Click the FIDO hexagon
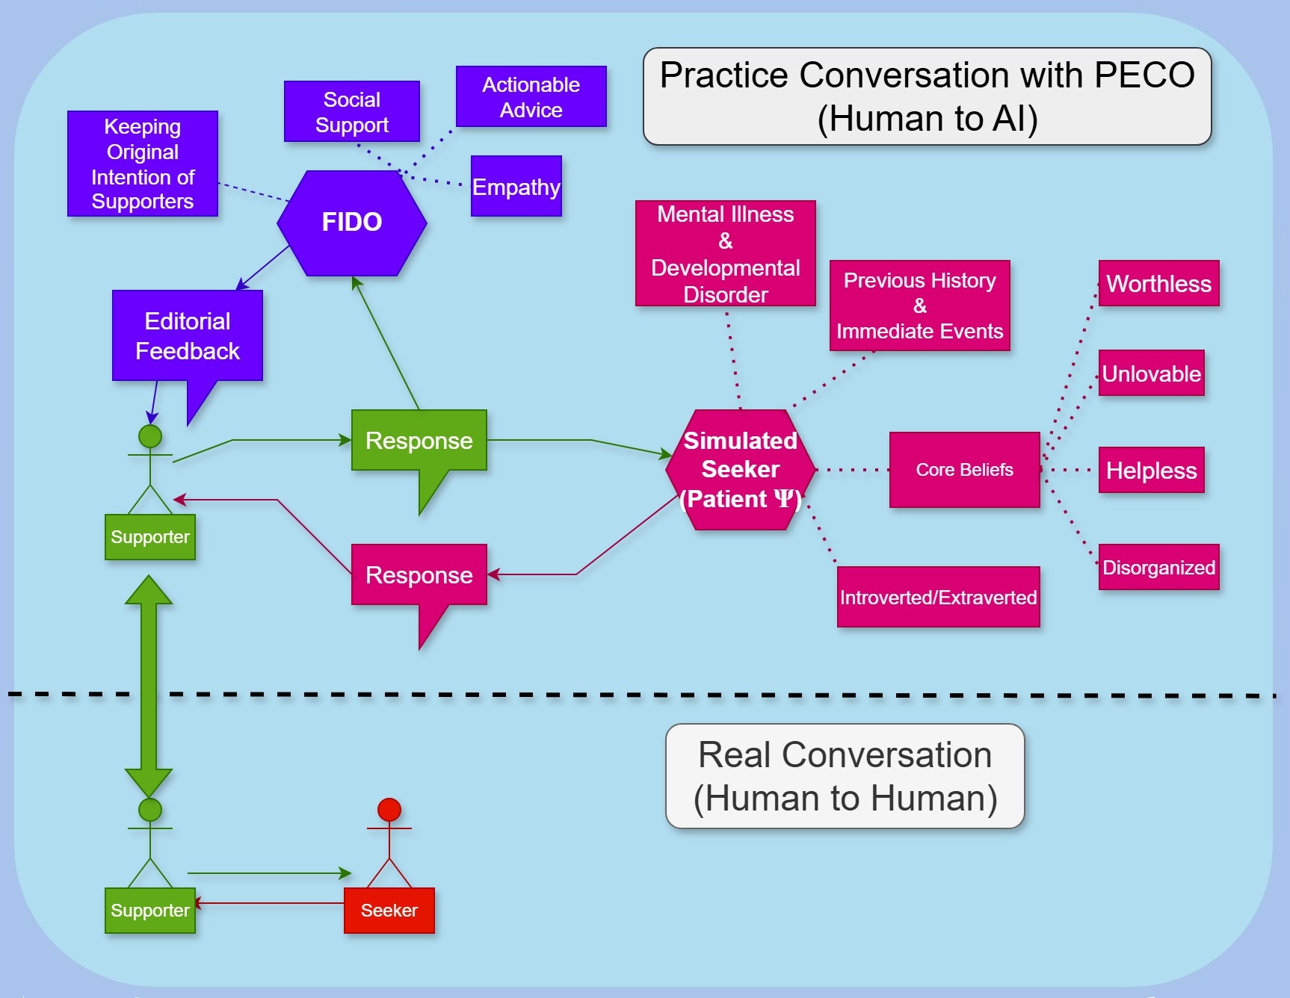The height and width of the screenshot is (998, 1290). coord(351,223)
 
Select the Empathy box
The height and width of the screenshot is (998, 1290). coord(516,187)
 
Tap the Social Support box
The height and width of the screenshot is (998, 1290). coord(351,112)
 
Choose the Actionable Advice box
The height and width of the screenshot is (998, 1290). coord(531,97)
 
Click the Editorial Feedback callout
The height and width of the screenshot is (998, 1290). coord(187,336)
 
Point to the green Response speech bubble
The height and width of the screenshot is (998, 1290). coord(419,441)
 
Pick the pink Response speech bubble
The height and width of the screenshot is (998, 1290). coord(419,575)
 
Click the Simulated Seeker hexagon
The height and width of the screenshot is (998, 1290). coord(740,470)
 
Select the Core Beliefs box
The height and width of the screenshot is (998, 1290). coord(964,470)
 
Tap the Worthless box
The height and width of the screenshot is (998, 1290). coord(1158,284)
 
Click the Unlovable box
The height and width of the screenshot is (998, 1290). coord(1151,374)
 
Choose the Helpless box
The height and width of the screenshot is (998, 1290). coord(1151,471)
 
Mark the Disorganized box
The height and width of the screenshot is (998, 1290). coord(1158,568)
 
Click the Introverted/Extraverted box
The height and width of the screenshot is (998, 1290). coord(938,598)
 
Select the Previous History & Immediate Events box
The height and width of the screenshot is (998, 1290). coord(919,306)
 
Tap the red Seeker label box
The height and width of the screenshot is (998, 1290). coord(389,911)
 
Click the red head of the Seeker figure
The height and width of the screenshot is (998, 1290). coord(389,810)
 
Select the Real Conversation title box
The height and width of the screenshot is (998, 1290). coord(845,776)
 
